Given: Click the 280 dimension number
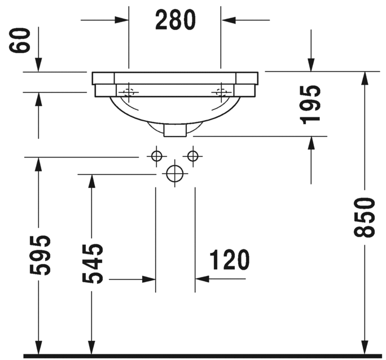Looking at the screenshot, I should click(x=175, y=20).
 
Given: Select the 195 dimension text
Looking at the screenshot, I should click(x=310, y=103).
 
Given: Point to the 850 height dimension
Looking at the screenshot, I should click(x=365, y=217).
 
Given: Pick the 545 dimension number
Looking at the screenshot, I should click(x=92, y=263).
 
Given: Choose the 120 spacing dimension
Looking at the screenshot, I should click(x=229, y=260).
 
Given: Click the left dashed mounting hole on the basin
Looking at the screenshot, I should click(x=129, y=92).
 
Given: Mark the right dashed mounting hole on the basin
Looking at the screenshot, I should click(x=221, y=92).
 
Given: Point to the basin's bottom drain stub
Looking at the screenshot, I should click(x=175, y=131).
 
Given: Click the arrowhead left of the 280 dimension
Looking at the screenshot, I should click(x=122, y=20).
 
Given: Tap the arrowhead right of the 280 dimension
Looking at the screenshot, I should click(x=228, y=20).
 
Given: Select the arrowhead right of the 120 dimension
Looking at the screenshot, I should click(x=202, y=279).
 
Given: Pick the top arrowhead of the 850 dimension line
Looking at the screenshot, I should click(x=365, y=78).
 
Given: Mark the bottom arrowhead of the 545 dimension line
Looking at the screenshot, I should click(x=90, y=349).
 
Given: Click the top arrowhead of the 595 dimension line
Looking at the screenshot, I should click(x=38, y=164).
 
